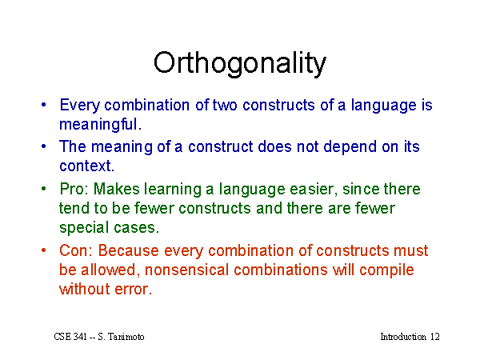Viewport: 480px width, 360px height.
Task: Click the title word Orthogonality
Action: (x=240, y=64)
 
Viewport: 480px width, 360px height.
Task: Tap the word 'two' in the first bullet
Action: (x=225, y=106)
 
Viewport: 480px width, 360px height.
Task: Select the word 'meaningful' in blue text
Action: (x=98, y=125)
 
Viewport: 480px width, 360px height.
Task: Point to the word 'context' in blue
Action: (x=85, y=166)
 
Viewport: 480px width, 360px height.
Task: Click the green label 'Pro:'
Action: (x=74, y=189)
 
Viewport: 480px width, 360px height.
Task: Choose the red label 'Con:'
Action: (x=76, y=250)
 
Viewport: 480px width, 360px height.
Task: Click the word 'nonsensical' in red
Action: (x=186, y=270)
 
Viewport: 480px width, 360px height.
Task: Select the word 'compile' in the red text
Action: (x=386, y=271)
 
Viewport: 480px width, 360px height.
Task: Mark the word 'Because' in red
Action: (x=129, y=250)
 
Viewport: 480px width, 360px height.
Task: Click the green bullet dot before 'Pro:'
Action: (x=44, y=189)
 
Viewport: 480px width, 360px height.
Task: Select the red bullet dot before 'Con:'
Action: (x=44, y=250)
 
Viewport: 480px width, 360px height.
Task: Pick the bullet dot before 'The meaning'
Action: (x=44, y=146)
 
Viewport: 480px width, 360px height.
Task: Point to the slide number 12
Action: (x=434, y=337)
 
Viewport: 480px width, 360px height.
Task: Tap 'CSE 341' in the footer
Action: (x=70, y=337)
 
